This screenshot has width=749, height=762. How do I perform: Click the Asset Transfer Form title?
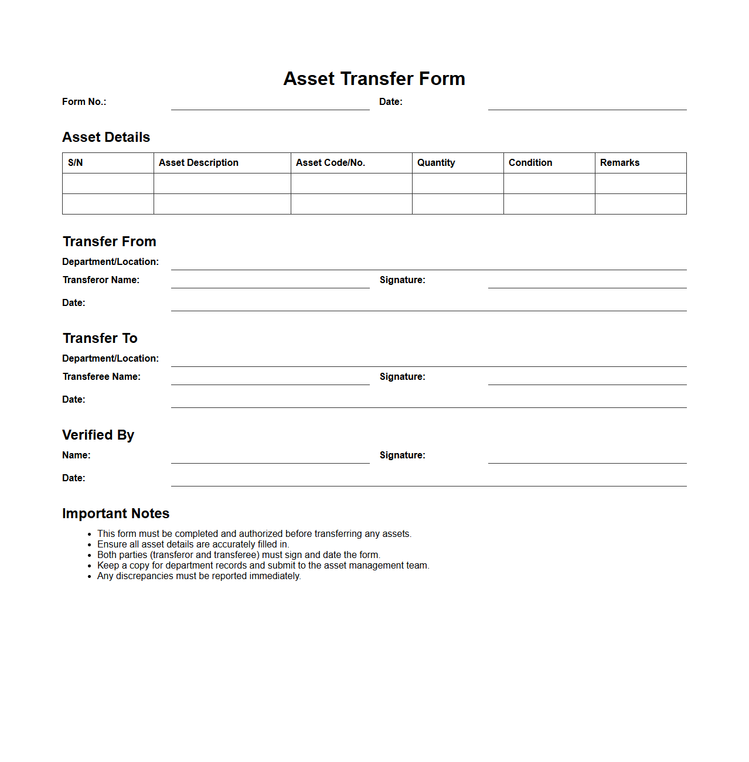pos(374,79)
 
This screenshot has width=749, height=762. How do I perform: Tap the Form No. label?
pos(84,102)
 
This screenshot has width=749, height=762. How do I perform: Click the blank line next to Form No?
pos(270,104)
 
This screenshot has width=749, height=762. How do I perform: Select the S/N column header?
pos(76,163)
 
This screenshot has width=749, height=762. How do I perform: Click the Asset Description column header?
pos(199,163)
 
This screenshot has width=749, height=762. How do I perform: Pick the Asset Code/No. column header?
pos(331,163)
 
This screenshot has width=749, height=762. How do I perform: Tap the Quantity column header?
pos(436,163)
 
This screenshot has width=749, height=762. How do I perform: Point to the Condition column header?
pos(530,163)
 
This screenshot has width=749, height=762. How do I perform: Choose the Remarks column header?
pos(619,163)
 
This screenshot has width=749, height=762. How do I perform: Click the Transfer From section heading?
pos(110,241)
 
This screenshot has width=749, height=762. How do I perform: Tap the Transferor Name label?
pos(101,280)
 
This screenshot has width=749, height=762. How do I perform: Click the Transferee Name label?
pos(101,377)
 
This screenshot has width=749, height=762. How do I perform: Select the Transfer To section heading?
pos(100,338)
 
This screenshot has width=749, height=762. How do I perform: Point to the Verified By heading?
pos(98,435)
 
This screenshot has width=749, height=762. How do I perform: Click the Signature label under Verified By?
pos(402,455)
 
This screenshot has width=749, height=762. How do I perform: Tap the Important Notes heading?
pos(115,513)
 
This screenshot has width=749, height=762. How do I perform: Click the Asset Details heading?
pos(106,137)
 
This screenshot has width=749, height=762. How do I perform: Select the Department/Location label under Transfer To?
pos(110,359)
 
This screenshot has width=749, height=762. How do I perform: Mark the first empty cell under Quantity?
pos(458,183)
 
